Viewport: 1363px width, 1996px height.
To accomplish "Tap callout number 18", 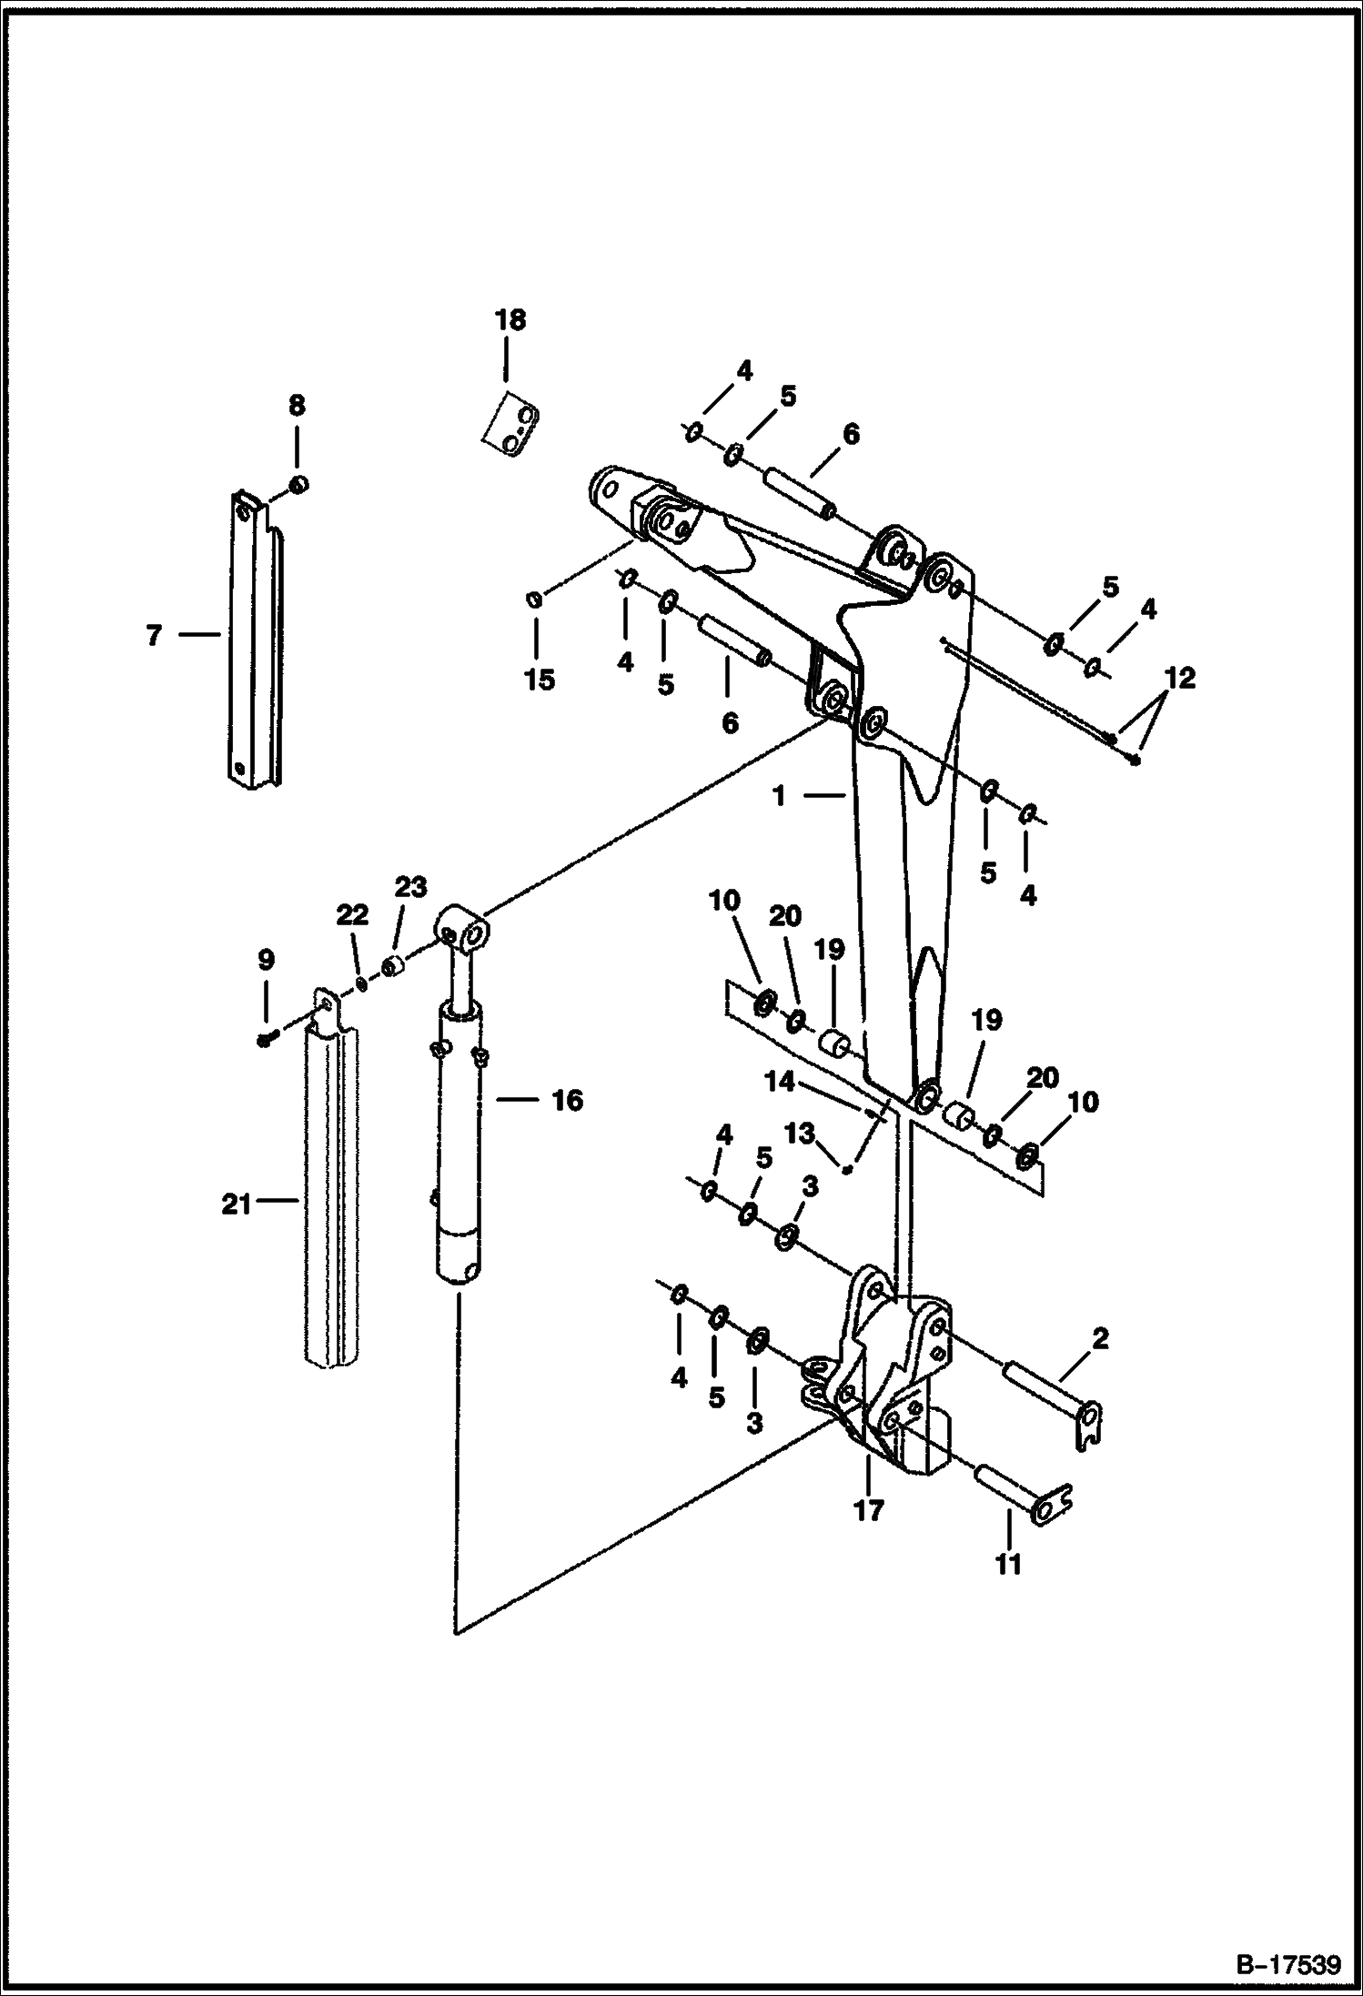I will pyautogui.click(x=510, y=320).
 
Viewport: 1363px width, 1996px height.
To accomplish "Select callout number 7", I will pyautogui.click(x=153, y=635).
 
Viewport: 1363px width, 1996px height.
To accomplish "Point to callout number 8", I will pyautogui.click(x=297, y=406).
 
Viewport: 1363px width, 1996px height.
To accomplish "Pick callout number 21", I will pyautogui.click(x=237, y=1205).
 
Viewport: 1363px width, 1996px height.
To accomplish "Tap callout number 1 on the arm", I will pyautogui.click(x=779, y=796).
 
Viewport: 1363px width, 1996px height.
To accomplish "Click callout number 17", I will pyautogui.click(x=868, y=1511).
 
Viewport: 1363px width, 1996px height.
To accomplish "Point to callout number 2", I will pyautogui.click(x=1099, y=1338).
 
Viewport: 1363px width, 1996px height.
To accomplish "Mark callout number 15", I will pyautogui.click(x=540, y=680).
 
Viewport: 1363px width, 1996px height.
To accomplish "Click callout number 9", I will pyautogui.click(x=266, y=960).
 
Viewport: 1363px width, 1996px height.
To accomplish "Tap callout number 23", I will pyautogui.click(x=409, y=887).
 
